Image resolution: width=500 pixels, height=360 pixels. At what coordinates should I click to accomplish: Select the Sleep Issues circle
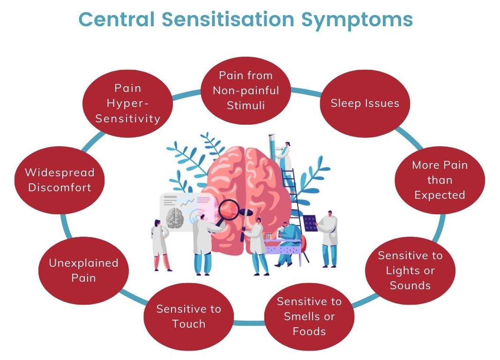[365, 103]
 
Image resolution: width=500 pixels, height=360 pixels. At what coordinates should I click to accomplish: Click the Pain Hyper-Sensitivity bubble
[127, 103]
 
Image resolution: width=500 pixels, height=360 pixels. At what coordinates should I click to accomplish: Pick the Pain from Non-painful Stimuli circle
[246, 90]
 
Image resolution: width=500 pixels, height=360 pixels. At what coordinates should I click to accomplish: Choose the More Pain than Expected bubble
[440, 180]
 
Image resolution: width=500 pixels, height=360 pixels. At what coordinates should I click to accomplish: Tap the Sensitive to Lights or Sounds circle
[410, 270]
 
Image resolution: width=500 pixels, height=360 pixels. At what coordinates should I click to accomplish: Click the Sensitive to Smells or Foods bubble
[309, 316]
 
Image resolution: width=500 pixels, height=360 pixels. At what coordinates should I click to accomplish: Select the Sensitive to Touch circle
[188, 316]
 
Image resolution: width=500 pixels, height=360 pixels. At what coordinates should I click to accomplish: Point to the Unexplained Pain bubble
[83, 270]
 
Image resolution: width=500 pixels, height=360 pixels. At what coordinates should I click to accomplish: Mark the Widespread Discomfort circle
[60, 180]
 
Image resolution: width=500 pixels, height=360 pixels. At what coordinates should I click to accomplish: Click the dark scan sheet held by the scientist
[310, 224]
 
